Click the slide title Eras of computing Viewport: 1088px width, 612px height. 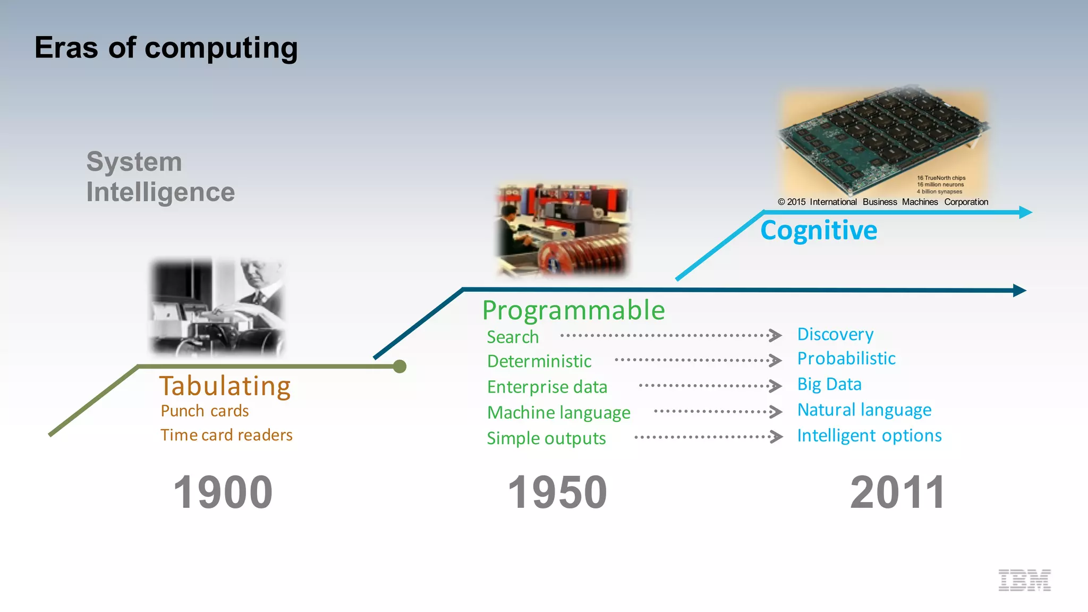tap(166, 48)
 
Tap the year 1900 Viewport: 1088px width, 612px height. tap(223, 492)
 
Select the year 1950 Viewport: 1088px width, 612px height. tap(557, 492)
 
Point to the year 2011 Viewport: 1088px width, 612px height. tap(897, 492)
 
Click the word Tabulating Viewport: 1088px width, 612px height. tap(225, 386)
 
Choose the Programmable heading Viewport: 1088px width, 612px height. tap(573, 310)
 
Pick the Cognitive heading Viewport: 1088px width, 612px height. tap(819, 231)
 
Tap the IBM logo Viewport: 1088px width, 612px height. tap(1024, 580)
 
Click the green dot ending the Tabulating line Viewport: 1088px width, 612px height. tap(400, 367)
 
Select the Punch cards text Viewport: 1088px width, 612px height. tap(205, 411)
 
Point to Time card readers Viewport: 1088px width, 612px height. tap(226, 435)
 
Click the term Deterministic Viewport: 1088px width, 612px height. tap(539, 361)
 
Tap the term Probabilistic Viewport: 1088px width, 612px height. tap(846, 359)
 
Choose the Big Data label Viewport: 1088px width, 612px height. tap(829, 384)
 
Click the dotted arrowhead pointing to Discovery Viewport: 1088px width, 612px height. tap(776, 335)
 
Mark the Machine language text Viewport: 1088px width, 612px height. tap(558, 413)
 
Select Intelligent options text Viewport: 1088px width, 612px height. tap(869, 436)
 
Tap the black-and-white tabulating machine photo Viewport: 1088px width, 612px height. tap(218, 307)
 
